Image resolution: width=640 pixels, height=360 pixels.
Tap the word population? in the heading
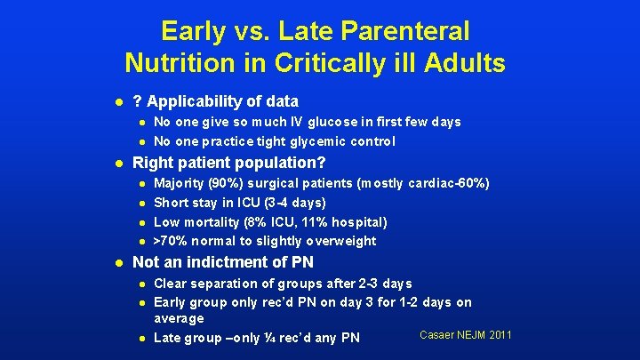(x=284, y=164)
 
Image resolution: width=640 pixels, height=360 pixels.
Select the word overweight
(x=340, y=241)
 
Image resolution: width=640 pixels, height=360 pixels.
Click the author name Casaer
(x=441, y=334)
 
